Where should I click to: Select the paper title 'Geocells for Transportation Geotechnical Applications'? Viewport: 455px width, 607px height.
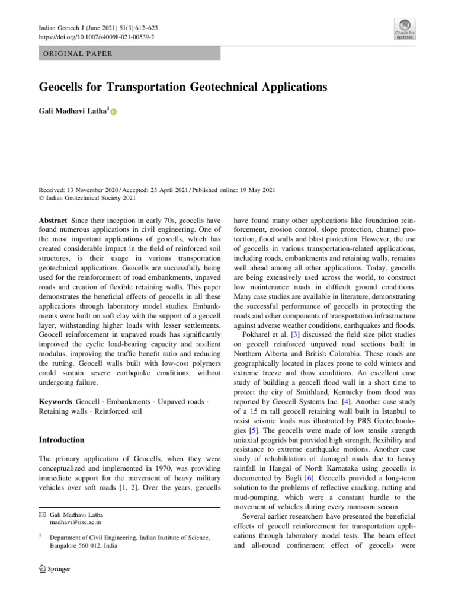click(182, 87)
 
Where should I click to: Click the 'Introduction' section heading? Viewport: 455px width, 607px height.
click(62, 440)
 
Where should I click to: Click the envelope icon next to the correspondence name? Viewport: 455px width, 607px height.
click(41, 516)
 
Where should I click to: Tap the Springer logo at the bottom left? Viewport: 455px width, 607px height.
click(55, 569)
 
